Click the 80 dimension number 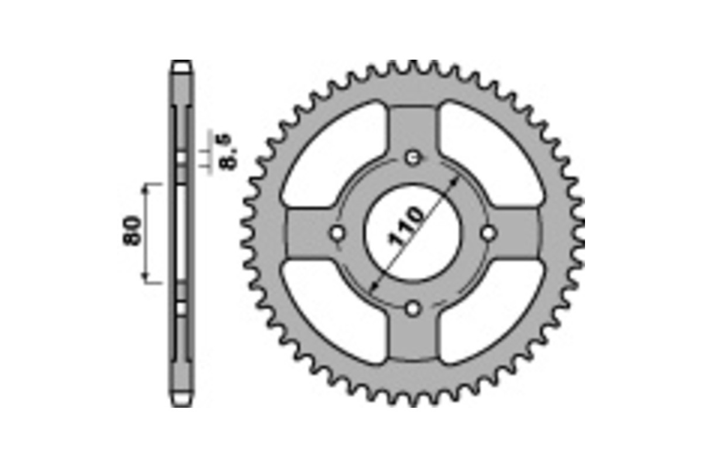133,231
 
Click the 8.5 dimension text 226,152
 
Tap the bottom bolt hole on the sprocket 414,308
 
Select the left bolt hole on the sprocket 337,233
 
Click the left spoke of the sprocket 307,233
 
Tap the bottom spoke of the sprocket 414,339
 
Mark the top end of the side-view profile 182,63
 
